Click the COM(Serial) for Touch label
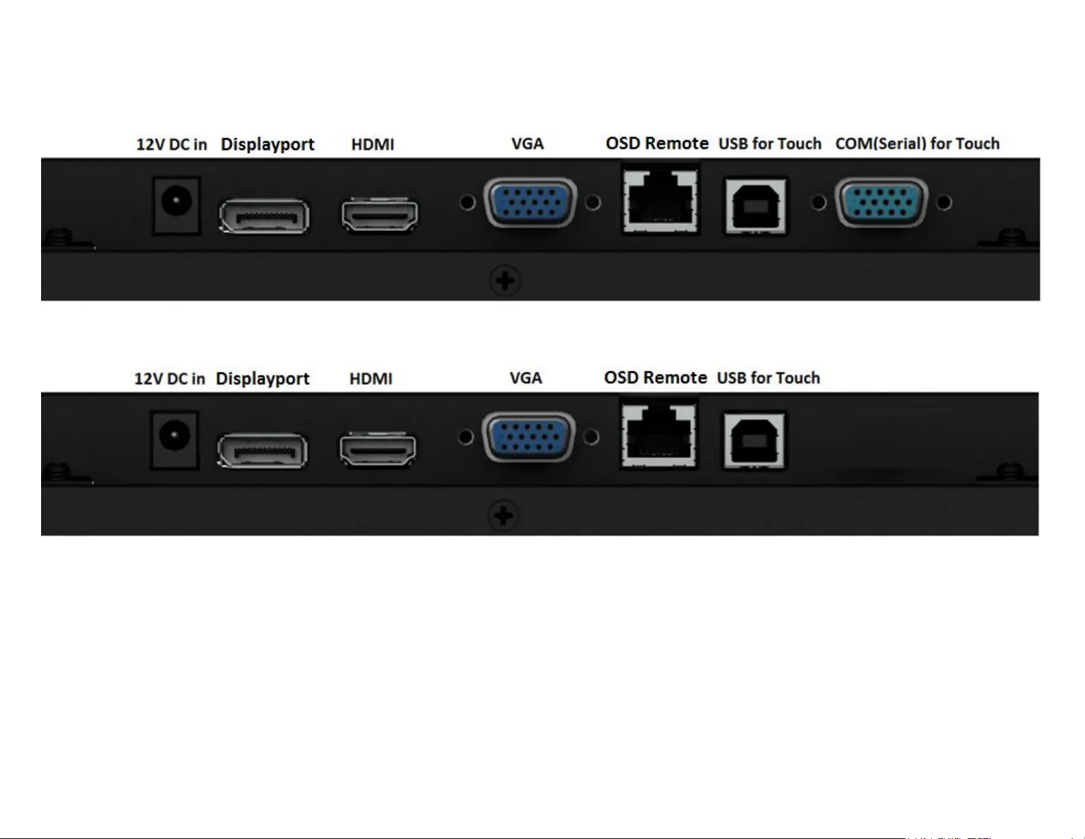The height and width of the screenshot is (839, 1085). click(917, 144)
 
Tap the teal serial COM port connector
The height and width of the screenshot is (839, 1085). click(881, 202)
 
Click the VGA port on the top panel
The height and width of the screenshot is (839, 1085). click(530, 202)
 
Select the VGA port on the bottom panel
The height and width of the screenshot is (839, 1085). click(528, 437)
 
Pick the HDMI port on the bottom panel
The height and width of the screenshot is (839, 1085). click(378, 449)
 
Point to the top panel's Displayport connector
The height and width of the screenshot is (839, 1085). click(264, 216)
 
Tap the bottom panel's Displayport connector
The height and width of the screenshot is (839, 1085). click(262, 451)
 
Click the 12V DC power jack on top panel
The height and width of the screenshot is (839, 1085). click(176, 203)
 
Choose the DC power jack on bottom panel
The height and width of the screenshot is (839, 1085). click(174, 438)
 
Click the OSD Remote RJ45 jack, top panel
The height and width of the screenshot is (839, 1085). click(661, 199)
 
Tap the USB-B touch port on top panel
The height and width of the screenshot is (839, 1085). click(756, 205)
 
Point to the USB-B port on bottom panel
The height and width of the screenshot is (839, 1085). click(754, 440)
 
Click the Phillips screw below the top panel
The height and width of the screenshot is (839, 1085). click(505, 281)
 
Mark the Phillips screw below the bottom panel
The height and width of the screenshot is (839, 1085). click(503, 516)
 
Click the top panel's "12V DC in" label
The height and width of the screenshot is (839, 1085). click(171, 145)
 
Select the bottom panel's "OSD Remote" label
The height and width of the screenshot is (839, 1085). click(655, 378)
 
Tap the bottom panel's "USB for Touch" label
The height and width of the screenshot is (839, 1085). click(768, 378)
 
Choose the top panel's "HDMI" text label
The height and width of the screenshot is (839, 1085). click(372, 145)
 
